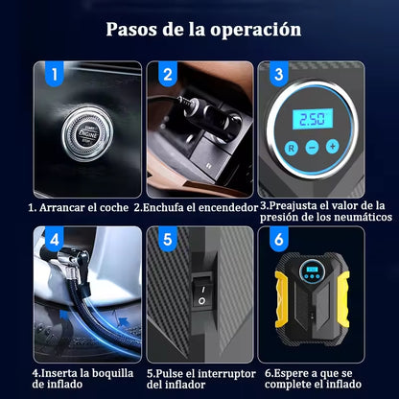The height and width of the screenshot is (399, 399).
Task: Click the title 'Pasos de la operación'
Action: (203, 29)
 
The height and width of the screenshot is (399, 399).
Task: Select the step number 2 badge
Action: (167, 73)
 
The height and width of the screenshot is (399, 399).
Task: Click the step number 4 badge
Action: (55, 238)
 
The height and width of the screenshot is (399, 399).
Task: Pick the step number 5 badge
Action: (168, 238)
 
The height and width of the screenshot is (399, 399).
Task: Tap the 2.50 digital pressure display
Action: (313, 118)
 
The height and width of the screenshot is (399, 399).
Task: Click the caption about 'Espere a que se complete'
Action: (314, 378)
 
